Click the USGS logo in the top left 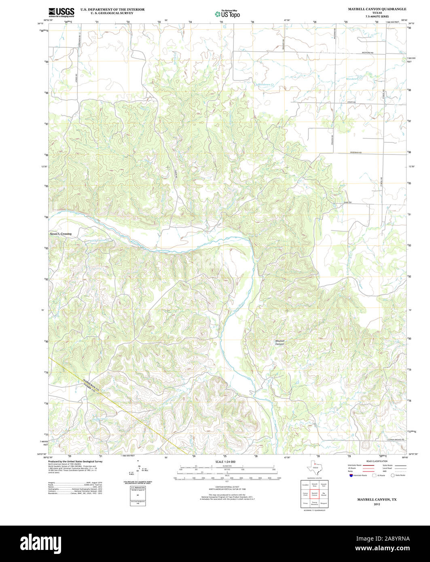[x=61, y=12]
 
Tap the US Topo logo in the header [x=227, y=14]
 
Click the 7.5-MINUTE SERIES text [x=377, y=17]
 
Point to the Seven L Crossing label [x=60, y=234]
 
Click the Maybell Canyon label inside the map [x=280, y=342]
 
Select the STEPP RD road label [x=351, y=102]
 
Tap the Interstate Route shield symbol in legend [x=351, y=475]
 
